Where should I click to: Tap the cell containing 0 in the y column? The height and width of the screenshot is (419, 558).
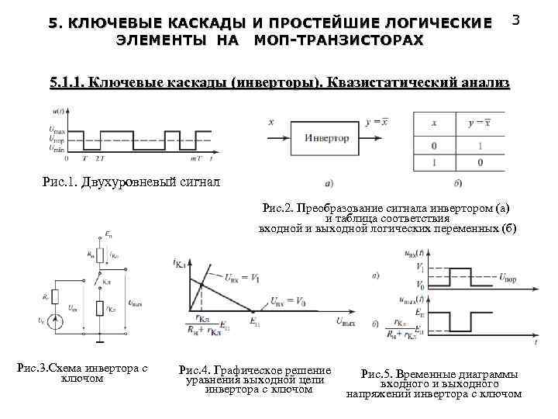[480, 162]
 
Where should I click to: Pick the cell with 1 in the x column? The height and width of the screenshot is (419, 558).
[433, 162]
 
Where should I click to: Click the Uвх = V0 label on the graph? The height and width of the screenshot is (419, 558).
[288, 301]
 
